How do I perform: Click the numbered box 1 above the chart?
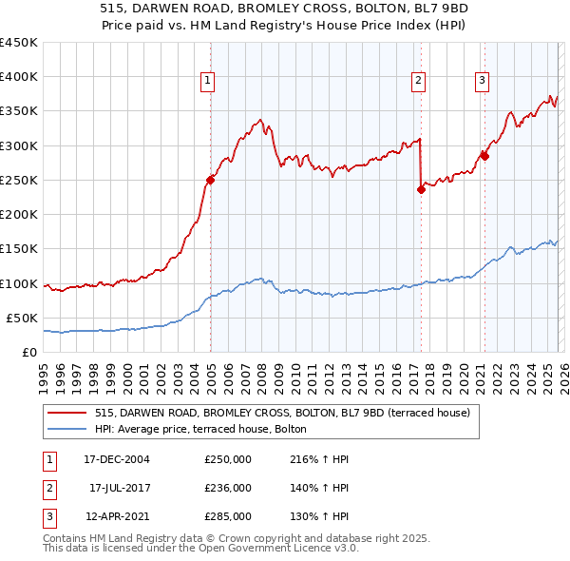pos(207,81)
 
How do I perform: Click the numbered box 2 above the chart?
pos(418,81)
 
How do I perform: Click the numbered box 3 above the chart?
pos(482,81)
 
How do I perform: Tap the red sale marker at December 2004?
pos(211,180)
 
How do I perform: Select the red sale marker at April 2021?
pos(484,156)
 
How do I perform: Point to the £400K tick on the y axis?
pos(19,77)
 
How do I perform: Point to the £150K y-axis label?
pos(19,249)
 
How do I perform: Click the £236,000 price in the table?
pos(228,488)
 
